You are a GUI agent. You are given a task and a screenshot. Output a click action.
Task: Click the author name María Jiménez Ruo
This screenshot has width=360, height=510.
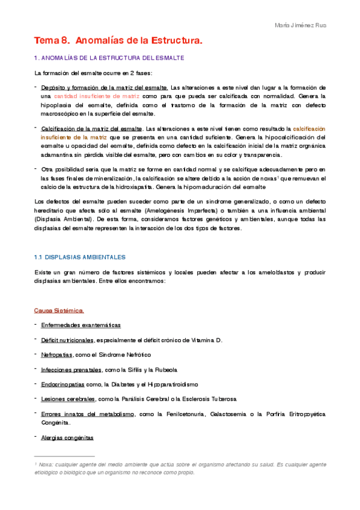point(301,25)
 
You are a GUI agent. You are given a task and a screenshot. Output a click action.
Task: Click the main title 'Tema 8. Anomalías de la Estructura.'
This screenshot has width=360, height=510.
point(118,41)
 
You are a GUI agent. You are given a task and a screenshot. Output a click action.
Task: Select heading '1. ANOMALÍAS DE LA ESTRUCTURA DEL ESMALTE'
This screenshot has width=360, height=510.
point(109,58)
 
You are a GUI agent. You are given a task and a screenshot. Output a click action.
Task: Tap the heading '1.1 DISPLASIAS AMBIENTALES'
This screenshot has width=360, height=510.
point(79,257)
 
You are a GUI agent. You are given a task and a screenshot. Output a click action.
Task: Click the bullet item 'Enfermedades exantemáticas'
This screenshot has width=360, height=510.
point(81,325)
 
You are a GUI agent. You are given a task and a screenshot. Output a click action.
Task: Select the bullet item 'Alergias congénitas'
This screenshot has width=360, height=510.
point(67,438)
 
